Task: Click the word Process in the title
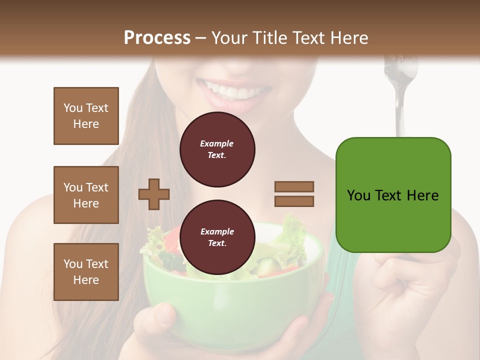[157, 38]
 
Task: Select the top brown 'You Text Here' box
[86, 116]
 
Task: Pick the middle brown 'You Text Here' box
[86, 195]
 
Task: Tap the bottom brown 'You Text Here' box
[86, 272]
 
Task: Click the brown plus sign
[154, 194]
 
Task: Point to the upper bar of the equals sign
[294, 186]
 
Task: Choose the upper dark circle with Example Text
[217, 149]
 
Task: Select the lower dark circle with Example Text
[217, 237]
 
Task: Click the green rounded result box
[393, 195]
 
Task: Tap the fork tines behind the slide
[400, 70]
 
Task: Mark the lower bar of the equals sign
[294, 201]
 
